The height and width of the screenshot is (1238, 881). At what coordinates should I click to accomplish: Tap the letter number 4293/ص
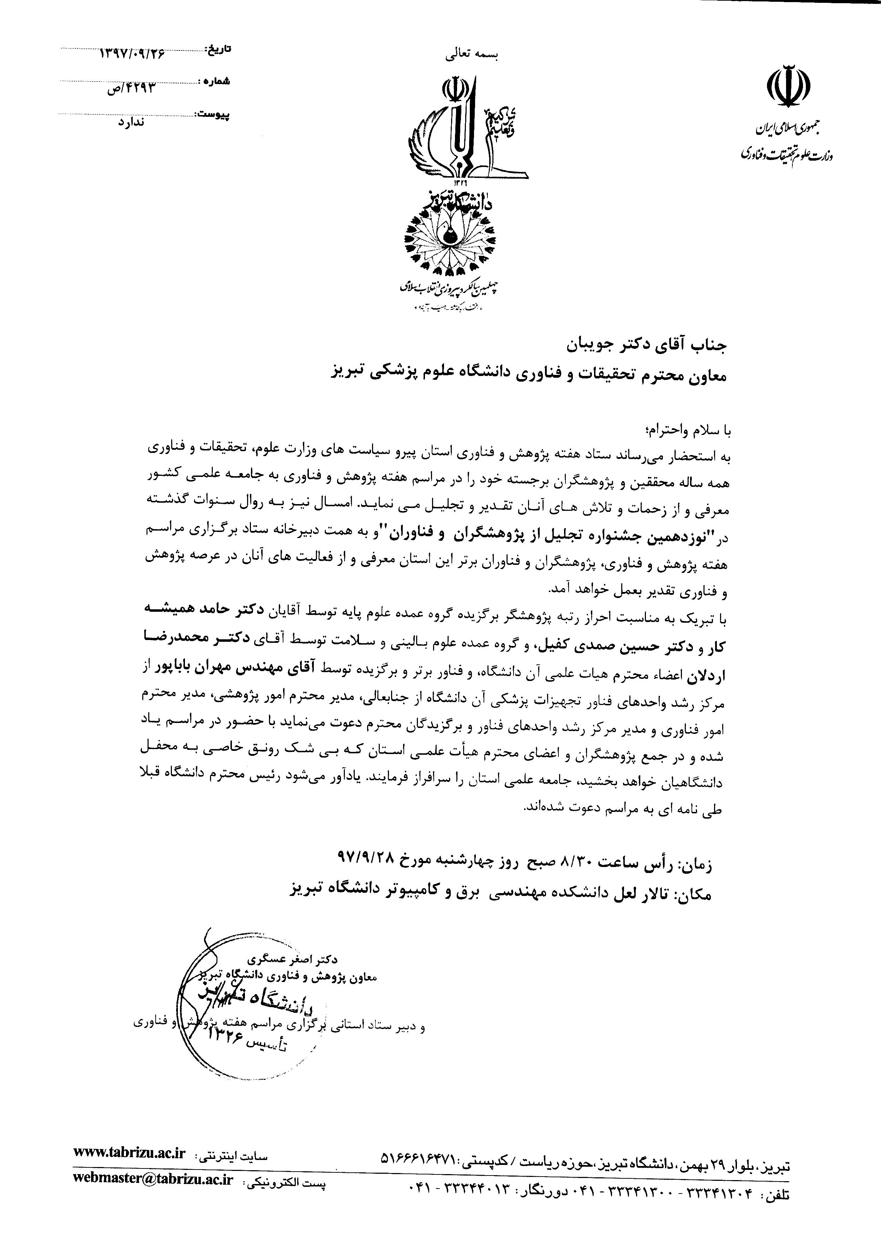coord(131,87)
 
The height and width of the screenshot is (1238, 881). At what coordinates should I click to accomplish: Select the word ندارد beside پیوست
coord(131,122)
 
